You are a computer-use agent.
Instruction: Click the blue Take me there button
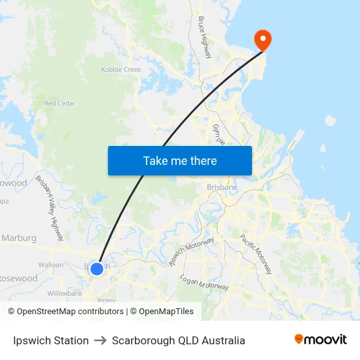point(179,160)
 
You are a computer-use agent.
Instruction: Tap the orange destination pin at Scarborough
point(262,40)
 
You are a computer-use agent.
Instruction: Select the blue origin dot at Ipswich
point(96,268)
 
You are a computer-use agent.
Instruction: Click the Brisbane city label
point(222,187)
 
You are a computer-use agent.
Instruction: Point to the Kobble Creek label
point(120,69)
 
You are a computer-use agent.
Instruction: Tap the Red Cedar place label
point(60,103)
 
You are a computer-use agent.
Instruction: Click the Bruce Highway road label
point(205,37)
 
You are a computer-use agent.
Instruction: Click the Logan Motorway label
point(204,282)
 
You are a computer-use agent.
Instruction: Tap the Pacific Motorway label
point(259,254)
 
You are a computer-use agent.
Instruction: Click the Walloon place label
point(51,265)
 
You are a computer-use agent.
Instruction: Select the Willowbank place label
point(65,293)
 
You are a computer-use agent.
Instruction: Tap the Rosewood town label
point(18,278)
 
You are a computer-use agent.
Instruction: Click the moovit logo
point(320,340)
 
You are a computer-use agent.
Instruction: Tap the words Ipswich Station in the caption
point(50,340)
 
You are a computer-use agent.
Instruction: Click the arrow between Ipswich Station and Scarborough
point(100,340)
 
